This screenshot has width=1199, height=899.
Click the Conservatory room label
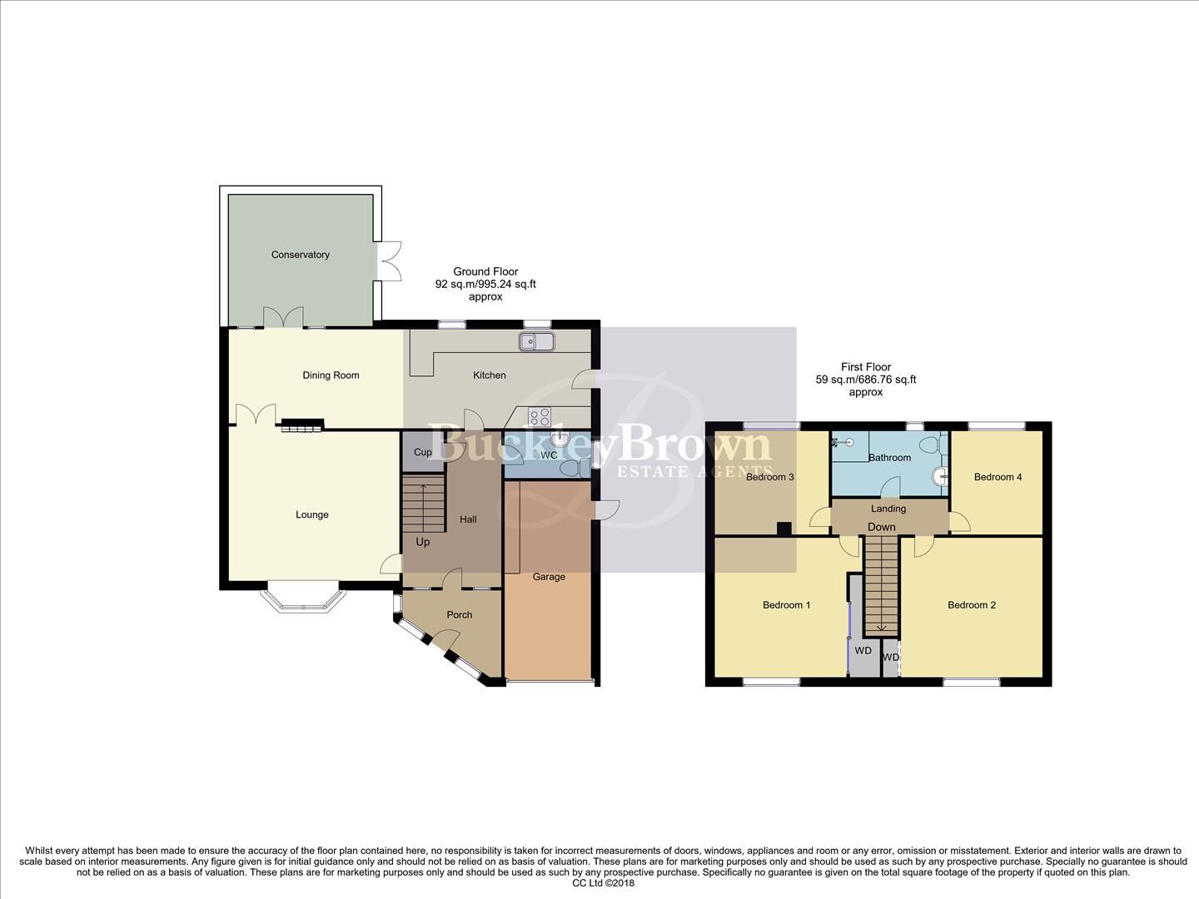(300, 255)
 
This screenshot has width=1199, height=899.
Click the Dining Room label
(331, 375)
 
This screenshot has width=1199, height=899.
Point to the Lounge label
(312, 515)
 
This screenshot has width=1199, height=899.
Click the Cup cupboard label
(423, 453)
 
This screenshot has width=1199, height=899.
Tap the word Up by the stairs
(423, 542)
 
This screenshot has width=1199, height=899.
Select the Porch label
(459, 615)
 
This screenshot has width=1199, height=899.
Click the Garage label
(549, 577)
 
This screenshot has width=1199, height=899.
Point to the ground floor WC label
(549, 455)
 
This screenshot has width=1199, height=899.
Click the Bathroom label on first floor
(889, 458)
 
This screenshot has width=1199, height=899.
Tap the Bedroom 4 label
(998, 477)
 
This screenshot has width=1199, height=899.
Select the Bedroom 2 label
(971, 605)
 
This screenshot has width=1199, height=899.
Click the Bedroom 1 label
(786, 605)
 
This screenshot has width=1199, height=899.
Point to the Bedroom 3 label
(769, 477)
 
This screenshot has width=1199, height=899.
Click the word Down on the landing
(881, 527)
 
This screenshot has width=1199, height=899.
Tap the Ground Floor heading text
(485, 271)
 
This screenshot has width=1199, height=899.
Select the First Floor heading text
(865, 367)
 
